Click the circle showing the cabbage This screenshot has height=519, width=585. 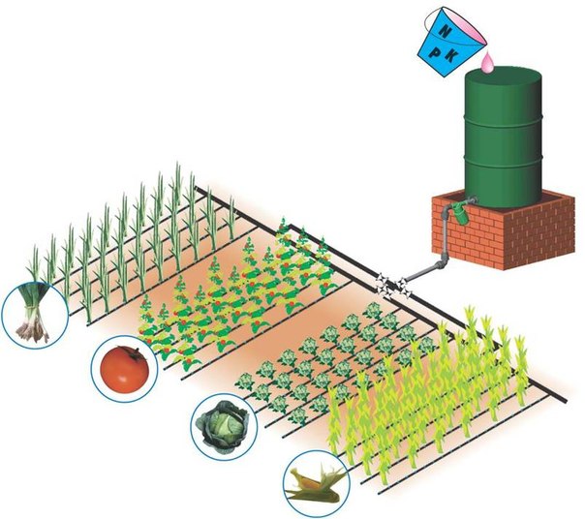click(x=222, y=422)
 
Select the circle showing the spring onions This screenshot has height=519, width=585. click(x=35, y=314)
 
